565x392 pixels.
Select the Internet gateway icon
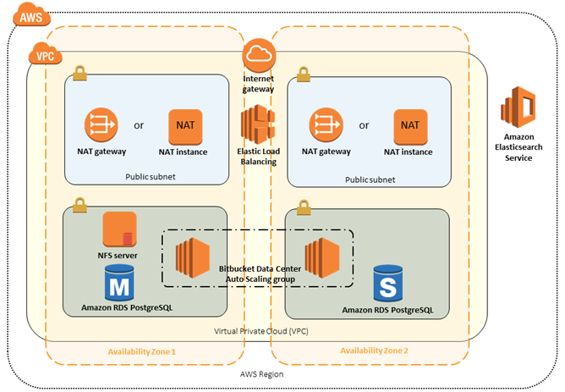point(259,56)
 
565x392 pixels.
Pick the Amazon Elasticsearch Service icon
point(518,110)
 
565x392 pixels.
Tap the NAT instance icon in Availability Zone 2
point(410,125)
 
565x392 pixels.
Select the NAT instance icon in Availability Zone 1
point(186,125)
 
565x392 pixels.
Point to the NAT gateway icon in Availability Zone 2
point(326,125)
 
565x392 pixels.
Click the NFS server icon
point(120,230)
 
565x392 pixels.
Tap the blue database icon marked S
point(388,284)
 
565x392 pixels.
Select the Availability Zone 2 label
point(374,351)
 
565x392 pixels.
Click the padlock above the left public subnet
point(80,75)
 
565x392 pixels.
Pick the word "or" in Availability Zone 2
point(365,125)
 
